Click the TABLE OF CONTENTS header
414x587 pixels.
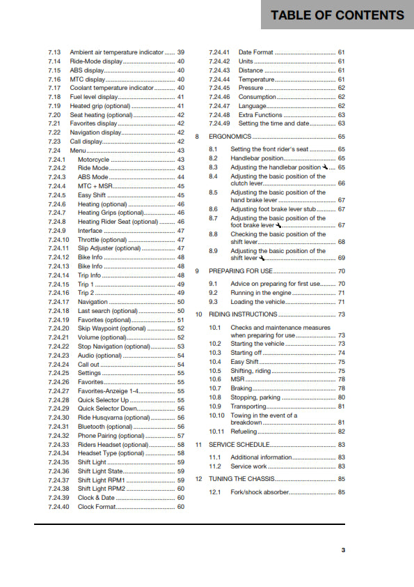[337, 15]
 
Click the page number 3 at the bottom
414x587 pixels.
[343, 550]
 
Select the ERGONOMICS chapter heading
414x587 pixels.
[230, 137]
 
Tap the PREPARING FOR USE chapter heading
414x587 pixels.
[241, 270]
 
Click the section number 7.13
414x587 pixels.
[54, 52]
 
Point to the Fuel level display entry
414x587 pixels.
[94, 97]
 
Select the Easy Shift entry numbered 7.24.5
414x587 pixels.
[92, 195]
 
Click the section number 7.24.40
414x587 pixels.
[59, 507]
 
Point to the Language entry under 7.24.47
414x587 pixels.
[253, 106]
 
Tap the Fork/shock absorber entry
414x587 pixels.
[259, 492]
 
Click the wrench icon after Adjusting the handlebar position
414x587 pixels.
[326, 167]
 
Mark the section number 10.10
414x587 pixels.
[217, 416]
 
